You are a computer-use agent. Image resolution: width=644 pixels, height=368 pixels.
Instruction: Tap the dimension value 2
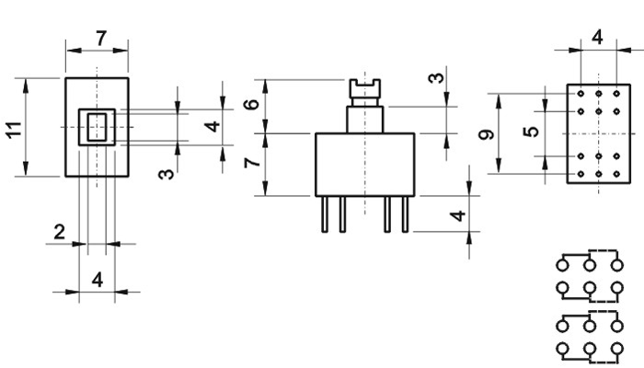(60, 233)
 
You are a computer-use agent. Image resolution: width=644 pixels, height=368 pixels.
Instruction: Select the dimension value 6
(251, 104)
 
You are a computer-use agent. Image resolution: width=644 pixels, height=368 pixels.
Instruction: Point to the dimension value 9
(487, 134)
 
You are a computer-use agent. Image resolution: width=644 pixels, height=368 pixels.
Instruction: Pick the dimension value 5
(531, 132)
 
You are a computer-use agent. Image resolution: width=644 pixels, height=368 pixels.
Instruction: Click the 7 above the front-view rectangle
(101, 39)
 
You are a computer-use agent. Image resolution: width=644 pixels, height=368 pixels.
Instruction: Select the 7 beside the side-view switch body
(252, 163)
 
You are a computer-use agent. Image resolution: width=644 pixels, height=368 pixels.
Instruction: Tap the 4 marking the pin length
(457, 215)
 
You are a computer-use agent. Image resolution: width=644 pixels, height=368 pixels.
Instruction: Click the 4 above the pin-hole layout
(597, 38)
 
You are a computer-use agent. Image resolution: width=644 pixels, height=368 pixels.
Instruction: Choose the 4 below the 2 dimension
(98, 280)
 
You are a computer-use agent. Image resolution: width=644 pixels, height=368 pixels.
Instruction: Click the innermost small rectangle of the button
(97, 127)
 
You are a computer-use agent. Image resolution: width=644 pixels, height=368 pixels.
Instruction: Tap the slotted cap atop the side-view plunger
(365, 88)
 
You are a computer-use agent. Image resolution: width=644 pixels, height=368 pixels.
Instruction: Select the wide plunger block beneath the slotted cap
(365, 119)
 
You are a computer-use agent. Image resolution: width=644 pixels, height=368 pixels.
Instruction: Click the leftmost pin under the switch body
(325, 214)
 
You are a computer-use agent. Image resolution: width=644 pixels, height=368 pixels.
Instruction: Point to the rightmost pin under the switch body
(405, 214)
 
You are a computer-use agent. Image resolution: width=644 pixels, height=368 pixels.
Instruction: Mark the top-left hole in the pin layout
(581, 94)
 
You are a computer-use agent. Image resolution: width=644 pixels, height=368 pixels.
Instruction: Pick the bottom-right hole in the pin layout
(616, 174)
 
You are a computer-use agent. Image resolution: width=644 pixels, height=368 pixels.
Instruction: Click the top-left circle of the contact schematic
(563, 265)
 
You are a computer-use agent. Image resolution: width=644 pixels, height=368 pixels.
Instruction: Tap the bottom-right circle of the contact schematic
(617, 349)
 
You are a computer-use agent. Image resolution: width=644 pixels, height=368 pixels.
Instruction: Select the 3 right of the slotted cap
(436, 78)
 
